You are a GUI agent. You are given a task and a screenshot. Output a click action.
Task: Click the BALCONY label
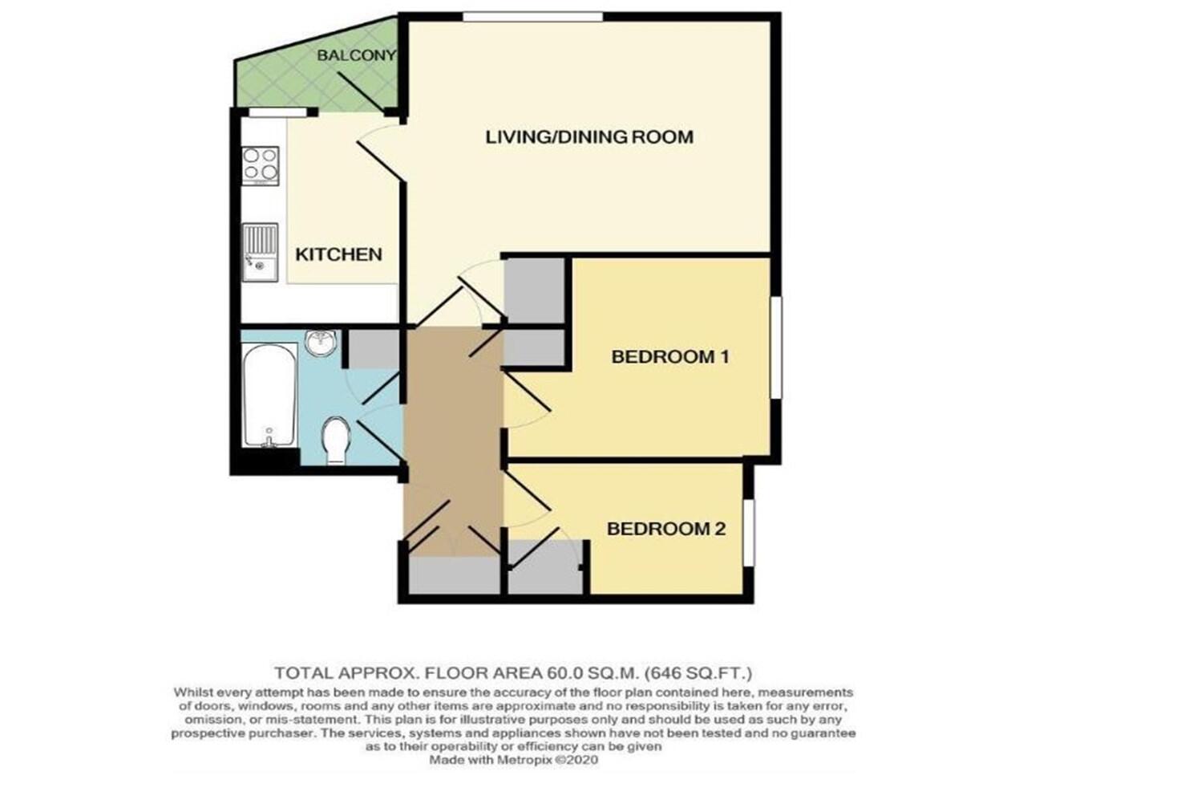(355, 55)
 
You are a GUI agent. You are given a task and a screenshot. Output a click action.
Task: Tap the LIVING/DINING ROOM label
(589, 136)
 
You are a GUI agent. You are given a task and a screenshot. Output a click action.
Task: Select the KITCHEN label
(338, 254)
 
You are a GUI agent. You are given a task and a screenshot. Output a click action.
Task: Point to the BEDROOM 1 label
(669, 356)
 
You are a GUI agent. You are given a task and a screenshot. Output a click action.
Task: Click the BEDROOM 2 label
(665, 529)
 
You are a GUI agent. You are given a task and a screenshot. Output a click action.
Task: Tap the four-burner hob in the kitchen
(261, 164)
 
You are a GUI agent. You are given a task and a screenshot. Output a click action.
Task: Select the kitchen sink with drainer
(260, 252)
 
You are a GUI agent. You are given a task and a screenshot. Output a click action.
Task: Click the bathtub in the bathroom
(268, 396)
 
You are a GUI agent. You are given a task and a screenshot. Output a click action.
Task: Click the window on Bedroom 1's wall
(775, 347)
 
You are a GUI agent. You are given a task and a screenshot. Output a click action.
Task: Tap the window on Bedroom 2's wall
(748, 533)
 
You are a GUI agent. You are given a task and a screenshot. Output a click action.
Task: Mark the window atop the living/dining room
(532, 17)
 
